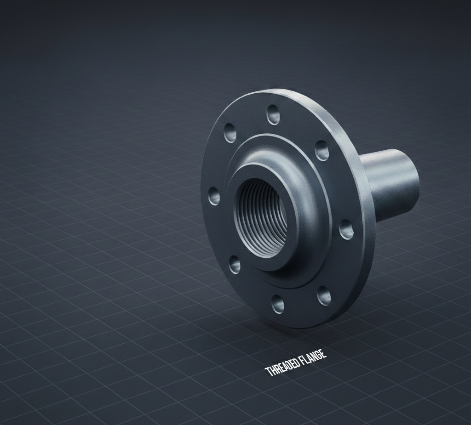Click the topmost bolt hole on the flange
coord(273,114)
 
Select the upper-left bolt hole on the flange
coord(230,133)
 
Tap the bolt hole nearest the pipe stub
coord(322,150)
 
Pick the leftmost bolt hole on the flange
coord(214,196)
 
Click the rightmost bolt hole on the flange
coord(346,229)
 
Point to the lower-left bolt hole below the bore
coord(235,265)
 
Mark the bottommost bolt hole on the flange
coord(278,304)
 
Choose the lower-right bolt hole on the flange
coord(324,296)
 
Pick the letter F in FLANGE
coord(301,361)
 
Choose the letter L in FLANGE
coord(305,360)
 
